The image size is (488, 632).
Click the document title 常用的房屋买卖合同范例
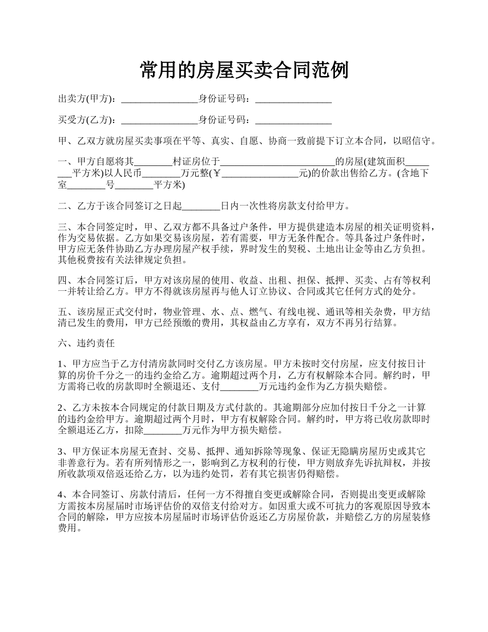pyautogui.click(x=244, y=70)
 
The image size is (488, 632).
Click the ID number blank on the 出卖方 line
pyautogui.click(x=293, y=99)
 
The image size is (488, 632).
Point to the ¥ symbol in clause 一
pyautogui.click(x=217, y=173)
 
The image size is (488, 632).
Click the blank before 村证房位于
pyautogui.click(x=154, y=161)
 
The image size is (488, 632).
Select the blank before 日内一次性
pyautogui.click(x=201, y=207)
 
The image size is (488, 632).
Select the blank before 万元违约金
pyautogui.click(x=239, y=386)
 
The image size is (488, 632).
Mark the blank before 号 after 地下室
pyautogui.click(x=86, y=185)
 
